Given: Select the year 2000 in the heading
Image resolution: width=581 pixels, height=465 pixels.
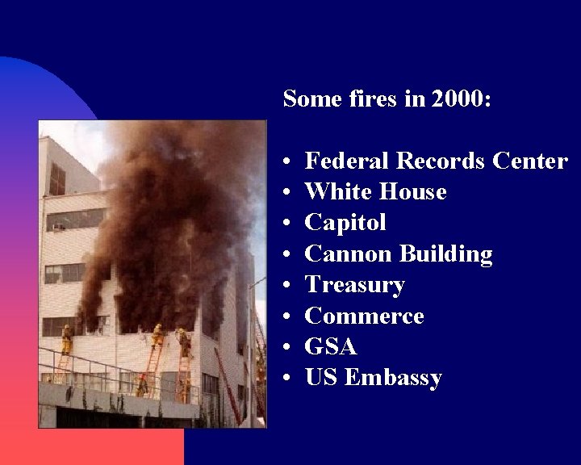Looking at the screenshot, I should pos(459,100).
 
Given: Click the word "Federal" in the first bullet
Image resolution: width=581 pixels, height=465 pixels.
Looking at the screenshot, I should pos(347,161).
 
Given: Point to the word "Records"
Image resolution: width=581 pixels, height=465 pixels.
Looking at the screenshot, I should pos(441,161).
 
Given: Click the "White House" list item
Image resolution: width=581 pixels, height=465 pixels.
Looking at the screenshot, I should pos(375,192).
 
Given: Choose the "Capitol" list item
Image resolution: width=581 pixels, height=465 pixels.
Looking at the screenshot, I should pos(345,223).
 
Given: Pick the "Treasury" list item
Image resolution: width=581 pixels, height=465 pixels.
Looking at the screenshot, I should pos(354,285).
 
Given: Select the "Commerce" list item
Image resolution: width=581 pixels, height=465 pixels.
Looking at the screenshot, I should pos(364,316).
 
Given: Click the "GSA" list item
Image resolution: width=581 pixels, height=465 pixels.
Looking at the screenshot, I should pos(330,346).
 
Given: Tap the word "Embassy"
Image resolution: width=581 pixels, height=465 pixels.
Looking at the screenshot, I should pos(393,378).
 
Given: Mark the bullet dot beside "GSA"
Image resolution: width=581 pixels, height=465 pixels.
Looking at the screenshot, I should pos(288,347).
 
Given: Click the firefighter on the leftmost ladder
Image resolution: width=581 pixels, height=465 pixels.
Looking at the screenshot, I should pos(66,339).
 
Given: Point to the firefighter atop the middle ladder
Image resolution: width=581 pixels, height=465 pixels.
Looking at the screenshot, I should pos(157,335).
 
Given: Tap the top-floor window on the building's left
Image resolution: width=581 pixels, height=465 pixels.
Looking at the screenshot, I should pos(57,178).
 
